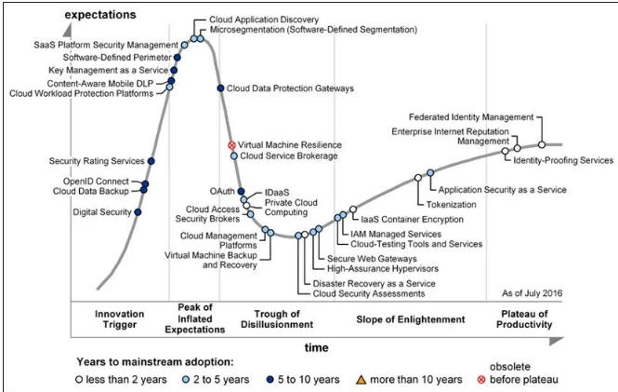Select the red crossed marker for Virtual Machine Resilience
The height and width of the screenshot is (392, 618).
[x=232, y=145]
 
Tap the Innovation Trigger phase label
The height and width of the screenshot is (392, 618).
[x=119, y=319]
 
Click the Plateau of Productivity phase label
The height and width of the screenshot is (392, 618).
[x=526, y=319]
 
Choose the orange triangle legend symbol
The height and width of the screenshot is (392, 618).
[x=363, y=379]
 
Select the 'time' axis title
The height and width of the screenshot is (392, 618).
[x=317, y=346]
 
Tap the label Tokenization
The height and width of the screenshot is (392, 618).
[x=452, y=204]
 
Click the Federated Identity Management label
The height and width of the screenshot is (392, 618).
[x=472, y=117]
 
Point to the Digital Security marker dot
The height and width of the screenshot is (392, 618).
[x=138, y=212]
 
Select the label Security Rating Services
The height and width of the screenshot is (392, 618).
[x=97, y=161]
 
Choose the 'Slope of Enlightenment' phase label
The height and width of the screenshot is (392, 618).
[x=410, y=319]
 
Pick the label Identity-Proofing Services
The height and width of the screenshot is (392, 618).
[x=564, y=161]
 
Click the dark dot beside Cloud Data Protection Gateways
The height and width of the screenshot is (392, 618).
[x=220, y=88]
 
